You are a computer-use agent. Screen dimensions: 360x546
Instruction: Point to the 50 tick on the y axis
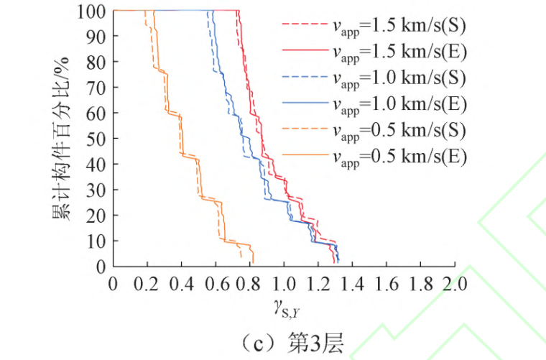(98, 139)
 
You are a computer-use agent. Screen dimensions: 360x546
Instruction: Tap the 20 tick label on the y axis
(98, 215)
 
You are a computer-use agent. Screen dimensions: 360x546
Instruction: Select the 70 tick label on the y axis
(98, 88)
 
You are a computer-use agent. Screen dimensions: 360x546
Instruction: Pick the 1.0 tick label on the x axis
(284, 282)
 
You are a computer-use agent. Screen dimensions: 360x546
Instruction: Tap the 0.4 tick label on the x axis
(182, 282)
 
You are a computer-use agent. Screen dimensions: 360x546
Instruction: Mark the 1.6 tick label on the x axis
(387, 282)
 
